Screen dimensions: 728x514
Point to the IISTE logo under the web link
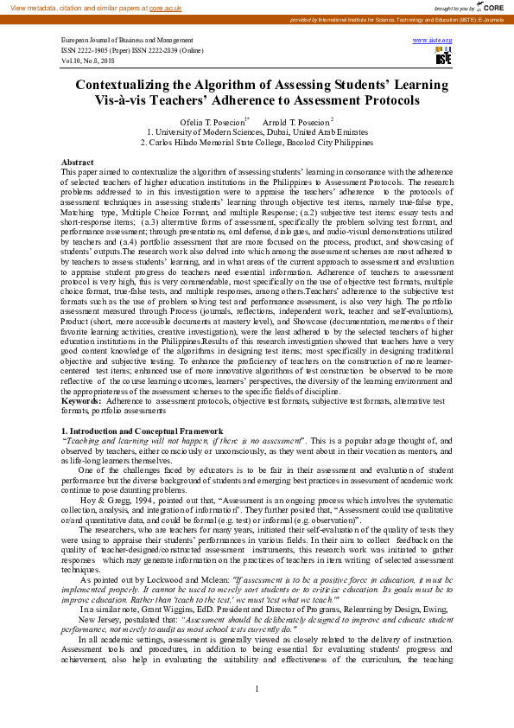(x=443, y=57)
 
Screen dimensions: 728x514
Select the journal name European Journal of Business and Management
(x=127, y=41)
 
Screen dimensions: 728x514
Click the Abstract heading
(x=77, y=163)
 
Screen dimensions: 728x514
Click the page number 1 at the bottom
(x=257, y=712)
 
